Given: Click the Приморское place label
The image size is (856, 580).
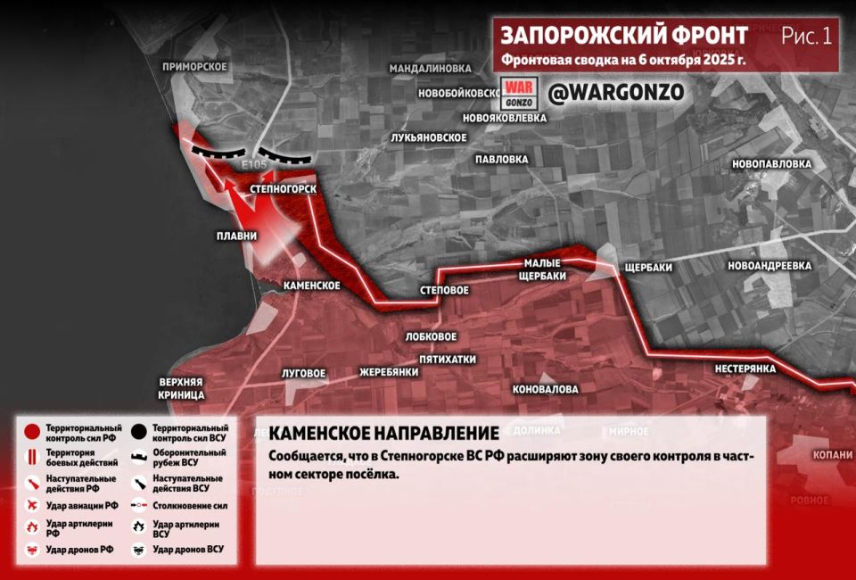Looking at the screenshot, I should coord(195,67).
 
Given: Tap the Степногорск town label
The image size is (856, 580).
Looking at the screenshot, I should coord(277,189).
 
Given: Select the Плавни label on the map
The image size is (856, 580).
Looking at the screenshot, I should coord(236,236).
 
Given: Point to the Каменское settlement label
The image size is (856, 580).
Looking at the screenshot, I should coord(311,286).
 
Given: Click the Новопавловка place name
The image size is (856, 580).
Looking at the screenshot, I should coord(771,164).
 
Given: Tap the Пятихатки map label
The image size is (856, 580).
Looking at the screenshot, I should coord(448,360).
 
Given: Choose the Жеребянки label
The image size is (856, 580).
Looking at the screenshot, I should coord(389,372).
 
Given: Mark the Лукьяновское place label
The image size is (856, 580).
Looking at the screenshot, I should coord(429,137).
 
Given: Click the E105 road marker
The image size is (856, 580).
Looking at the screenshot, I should coord(253,166).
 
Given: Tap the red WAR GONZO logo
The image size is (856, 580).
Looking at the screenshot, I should coord(518,94).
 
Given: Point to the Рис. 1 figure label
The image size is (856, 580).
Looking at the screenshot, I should coord(806,36).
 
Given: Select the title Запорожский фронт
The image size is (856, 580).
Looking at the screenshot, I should coord(624,36).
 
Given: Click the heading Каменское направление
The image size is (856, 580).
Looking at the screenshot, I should coord(383,434).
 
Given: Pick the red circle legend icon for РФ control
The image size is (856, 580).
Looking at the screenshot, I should coord(31,432).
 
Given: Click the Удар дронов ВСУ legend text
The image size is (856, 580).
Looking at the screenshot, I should coord(188,550).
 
